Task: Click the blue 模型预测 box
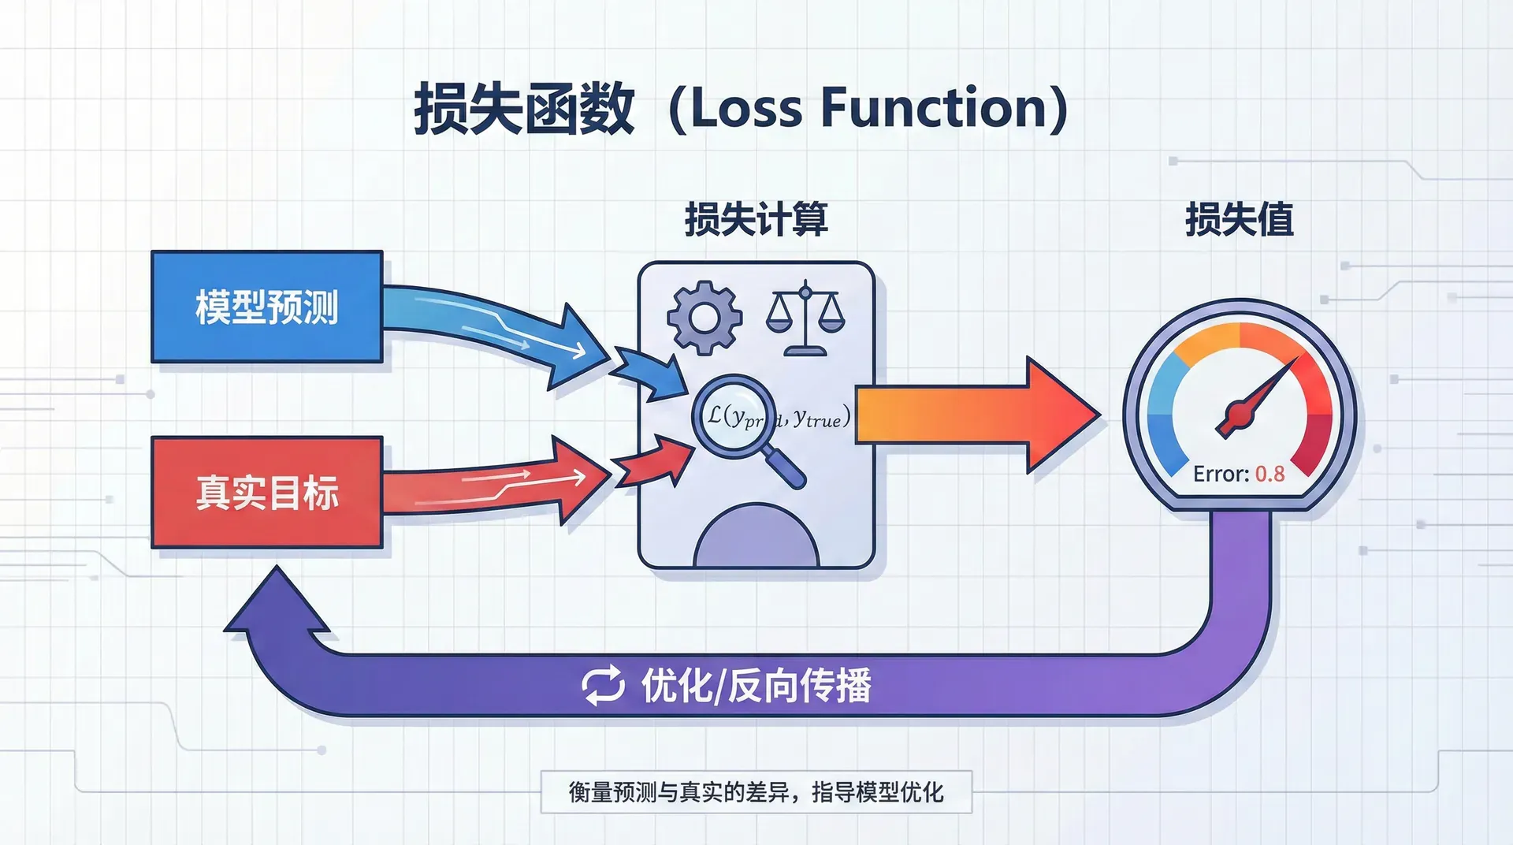[266, 307]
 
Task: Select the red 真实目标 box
[266, 492]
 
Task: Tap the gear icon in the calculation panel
[704, 318]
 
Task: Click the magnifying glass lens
[734, 415]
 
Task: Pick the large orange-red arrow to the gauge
[977, 415]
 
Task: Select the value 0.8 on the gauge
[1270, 474]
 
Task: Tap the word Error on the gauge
[1221, 474]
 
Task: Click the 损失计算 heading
[756, 219]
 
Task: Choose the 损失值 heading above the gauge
[1239, 219]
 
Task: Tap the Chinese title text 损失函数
[524, 108]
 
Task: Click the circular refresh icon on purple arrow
[603, 685]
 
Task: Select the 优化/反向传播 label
[756, 685]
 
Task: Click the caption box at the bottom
[756, 791]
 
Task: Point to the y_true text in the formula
[818, 418]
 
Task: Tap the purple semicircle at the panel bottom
[756, 540]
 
